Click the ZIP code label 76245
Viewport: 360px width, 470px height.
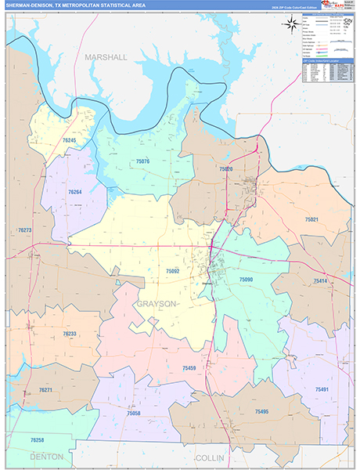point(70,140)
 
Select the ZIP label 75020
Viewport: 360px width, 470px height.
point(226,169)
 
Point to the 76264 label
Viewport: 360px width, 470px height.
point(75,192)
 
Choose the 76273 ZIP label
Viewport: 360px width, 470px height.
point(24,230)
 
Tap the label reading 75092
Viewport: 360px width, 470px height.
point(173,271)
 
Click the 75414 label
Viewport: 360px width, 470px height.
point(321,280)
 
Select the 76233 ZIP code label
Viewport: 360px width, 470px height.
point(69,334)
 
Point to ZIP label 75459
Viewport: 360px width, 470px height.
point(189,367)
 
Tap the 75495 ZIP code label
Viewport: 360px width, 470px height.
point(261,411)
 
